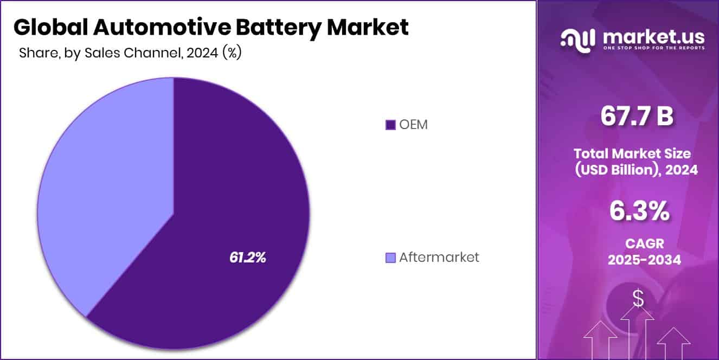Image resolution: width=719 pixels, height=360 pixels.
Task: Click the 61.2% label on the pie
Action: click(x=247, y=258)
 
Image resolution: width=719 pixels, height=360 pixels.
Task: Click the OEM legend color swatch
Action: click(x=390, y=125)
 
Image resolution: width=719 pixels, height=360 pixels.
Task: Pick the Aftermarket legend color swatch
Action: click(x=390, y=258)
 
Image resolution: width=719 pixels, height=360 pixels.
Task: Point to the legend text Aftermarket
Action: click(x=439, y=258)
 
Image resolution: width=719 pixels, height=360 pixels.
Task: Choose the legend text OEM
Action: click(x=414, y=125)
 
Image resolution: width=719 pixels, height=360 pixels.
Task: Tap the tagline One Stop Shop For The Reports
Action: click(x=654, y=48)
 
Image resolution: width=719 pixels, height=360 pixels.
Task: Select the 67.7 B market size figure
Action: click(x=637, y=117)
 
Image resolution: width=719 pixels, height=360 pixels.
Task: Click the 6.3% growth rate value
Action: click(x=639, y=211)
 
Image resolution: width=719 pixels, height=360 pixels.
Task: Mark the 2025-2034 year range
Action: click(x=644, y=260)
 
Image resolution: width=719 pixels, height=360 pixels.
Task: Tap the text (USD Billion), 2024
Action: click(x=636, y=170)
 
